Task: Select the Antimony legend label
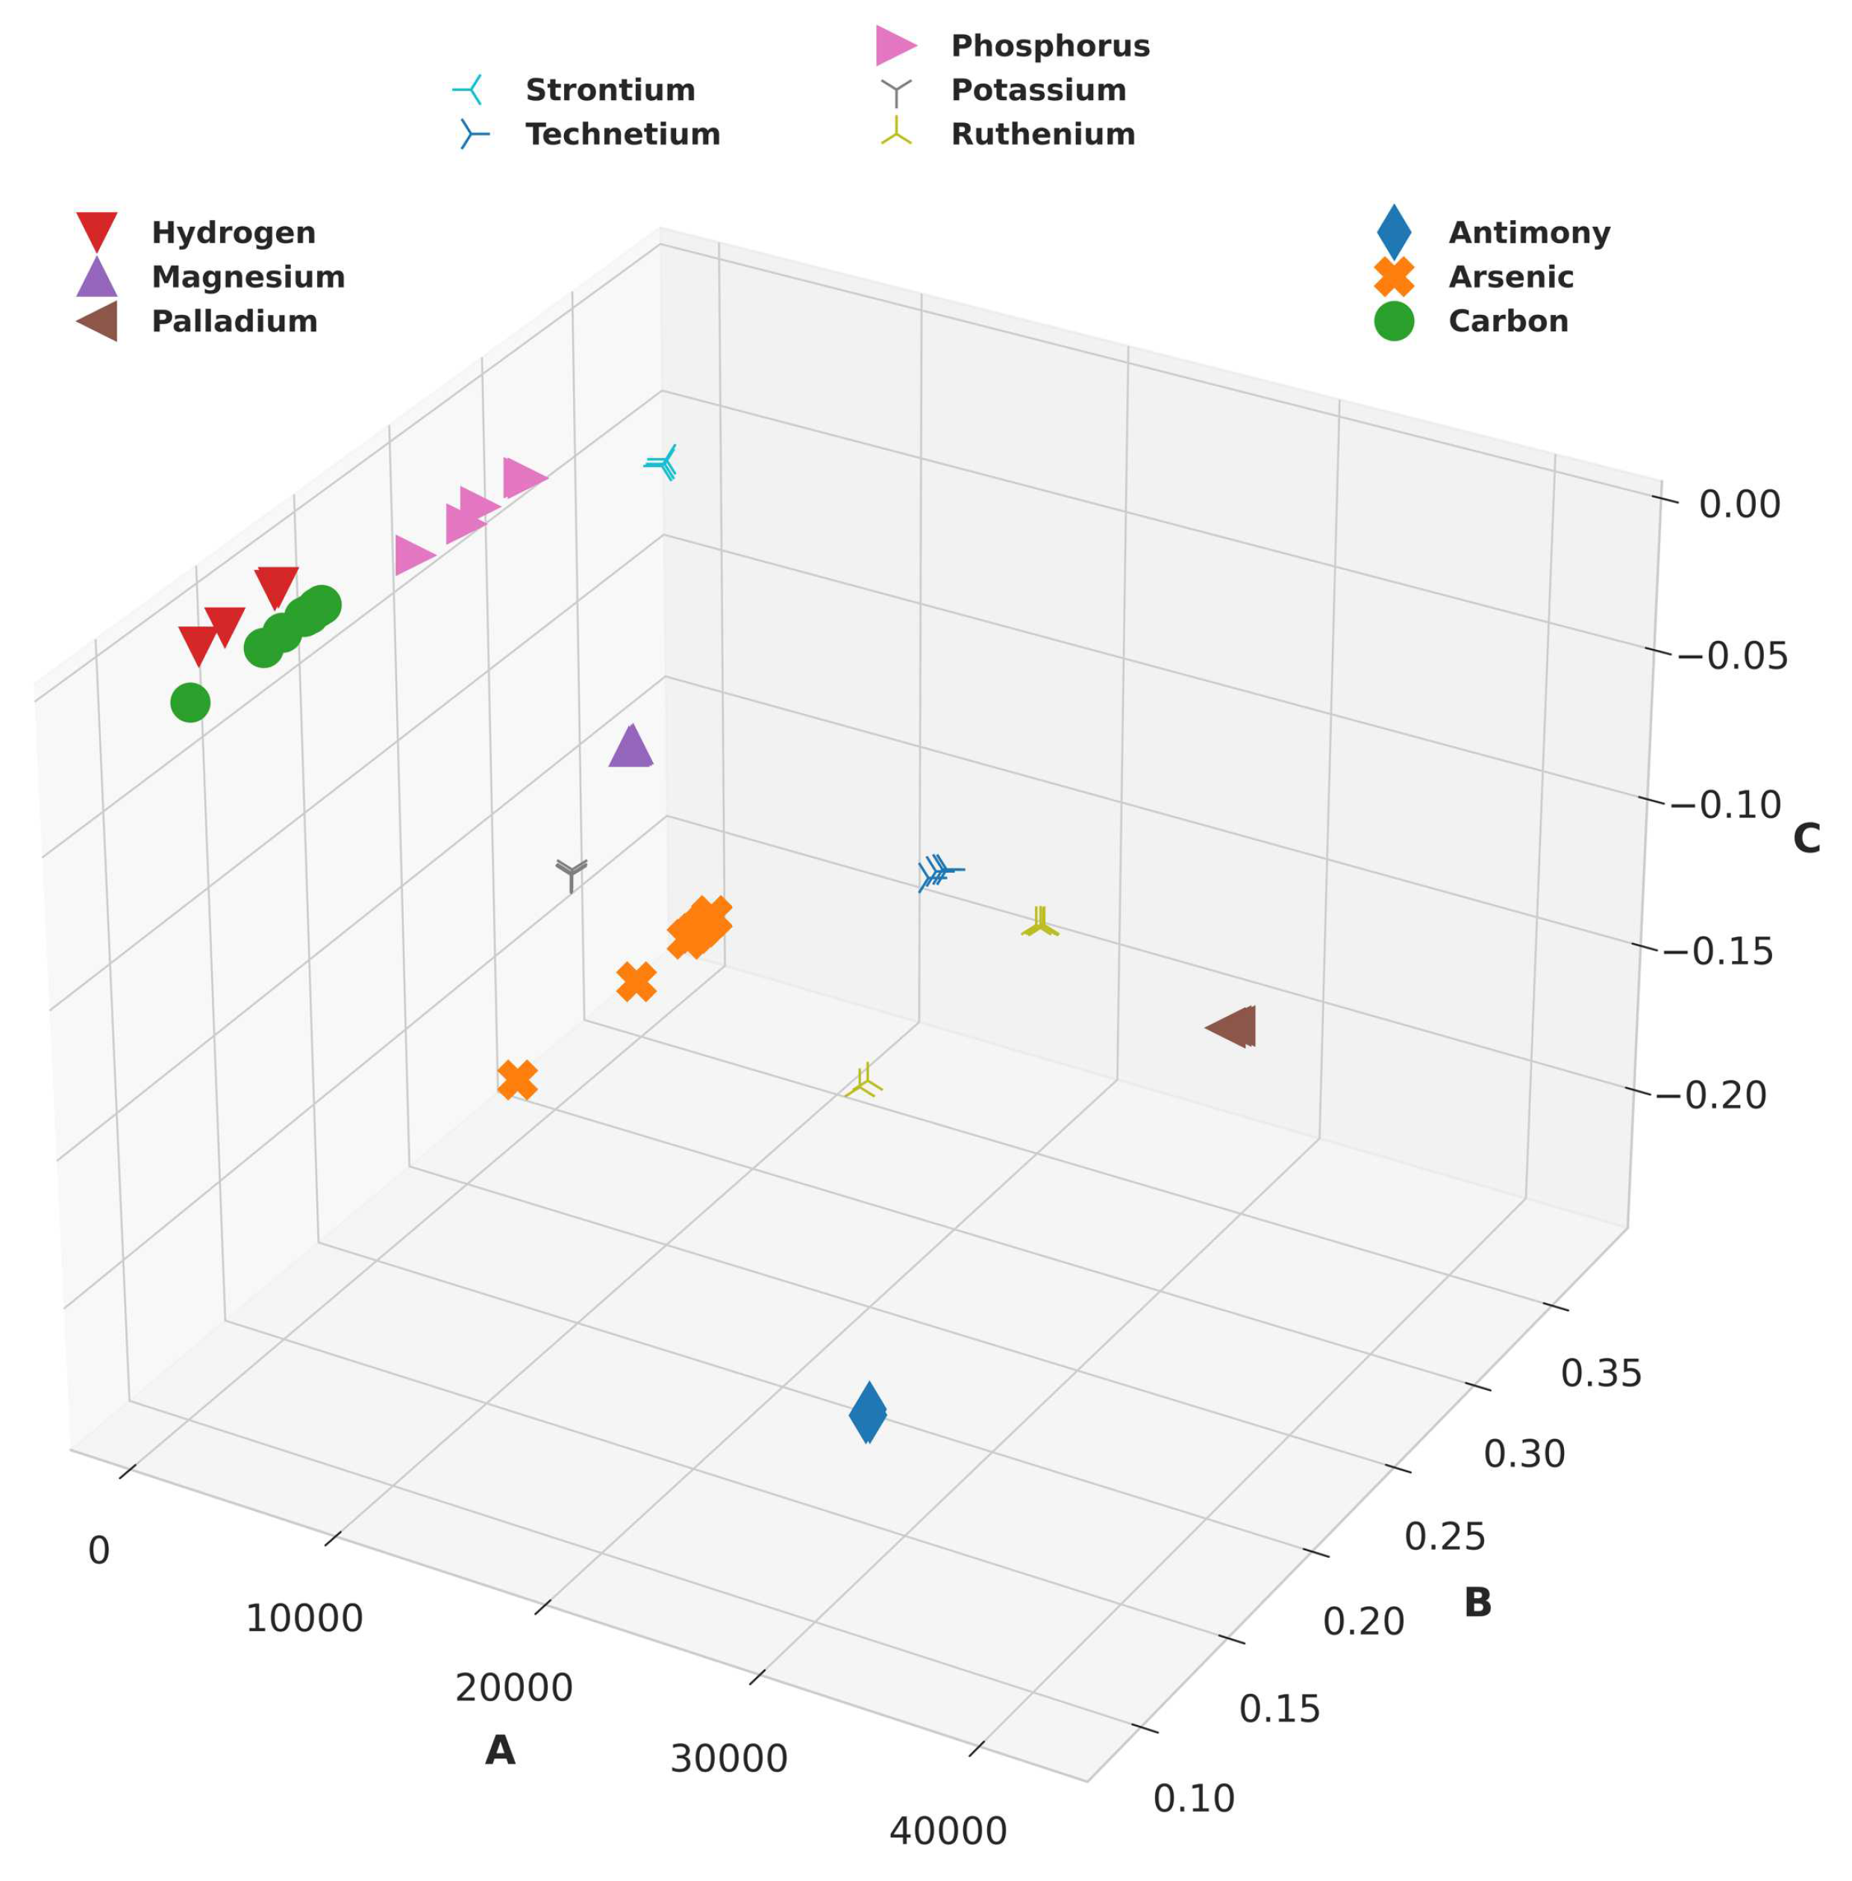pyautogui.click(x=1529, y=234)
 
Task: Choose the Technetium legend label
pyautogui.click(x=622, y=134)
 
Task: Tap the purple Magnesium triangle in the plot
pyautogui.click(x=631, y=748)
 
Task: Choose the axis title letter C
pyautogui.click(x=1806, y=839)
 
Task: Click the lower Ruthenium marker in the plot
pyautogui.click(x=865, y=1083)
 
